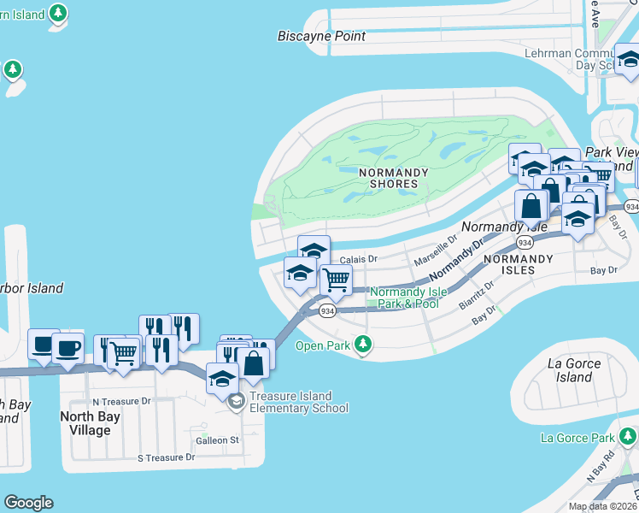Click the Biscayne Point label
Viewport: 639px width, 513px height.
tap(321, 36)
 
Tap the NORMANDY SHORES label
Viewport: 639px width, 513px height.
tap(393, 178)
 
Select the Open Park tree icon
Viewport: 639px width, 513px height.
tap(365, 345)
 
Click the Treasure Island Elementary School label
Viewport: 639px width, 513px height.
tap(299, 402)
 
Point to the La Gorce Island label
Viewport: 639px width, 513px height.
tap(573, 370)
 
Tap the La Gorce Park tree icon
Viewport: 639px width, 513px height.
tap(628, 438)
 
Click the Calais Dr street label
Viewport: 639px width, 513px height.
tap(358, 259)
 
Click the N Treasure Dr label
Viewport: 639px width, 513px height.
tap(121, 400)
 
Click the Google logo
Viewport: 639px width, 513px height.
tap(28, 503)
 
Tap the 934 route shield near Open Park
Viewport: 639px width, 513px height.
tap(327, 312)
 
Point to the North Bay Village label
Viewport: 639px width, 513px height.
tap(85, 423)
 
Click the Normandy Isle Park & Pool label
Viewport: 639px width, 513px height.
tap(408, 298)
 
